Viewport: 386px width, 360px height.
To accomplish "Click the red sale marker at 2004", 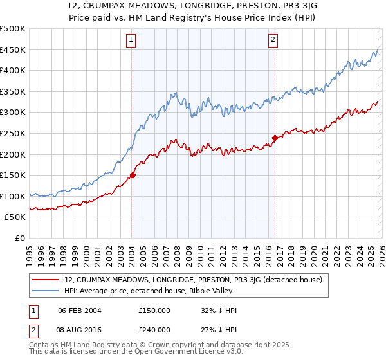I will coord(133,175).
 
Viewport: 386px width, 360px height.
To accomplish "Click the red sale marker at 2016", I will coord(275,138).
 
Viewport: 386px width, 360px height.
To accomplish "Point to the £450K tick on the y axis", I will coord(13,50).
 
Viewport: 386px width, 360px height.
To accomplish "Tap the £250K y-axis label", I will coord(13,133).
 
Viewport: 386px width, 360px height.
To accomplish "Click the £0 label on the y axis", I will coord(19,238).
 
